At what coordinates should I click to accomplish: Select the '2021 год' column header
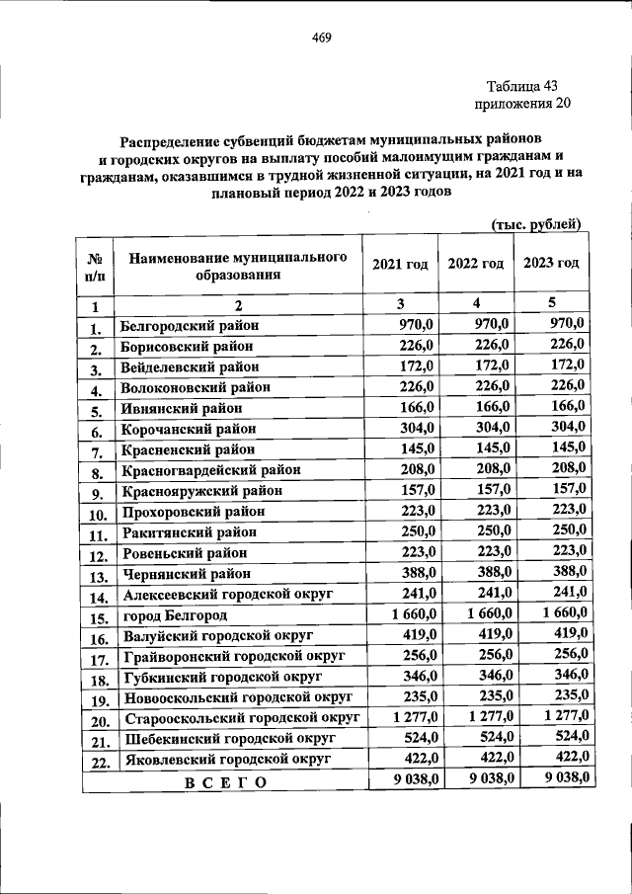(x=400, y=264)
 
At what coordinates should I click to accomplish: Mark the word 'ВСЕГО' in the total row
(x=224, y=782)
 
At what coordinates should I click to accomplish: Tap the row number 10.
(x=97, y=515)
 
